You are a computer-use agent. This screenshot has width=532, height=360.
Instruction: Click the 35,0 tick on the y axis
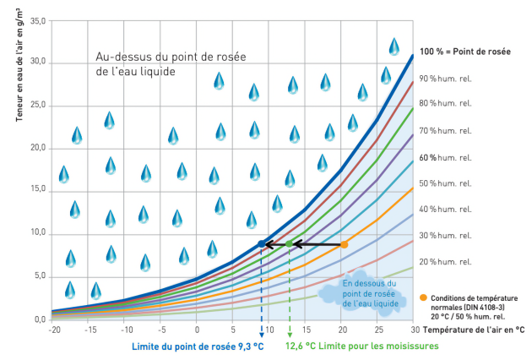point(37,19)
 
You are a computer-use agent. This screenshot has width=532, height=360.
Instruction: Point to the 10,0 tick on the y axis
point(37,233)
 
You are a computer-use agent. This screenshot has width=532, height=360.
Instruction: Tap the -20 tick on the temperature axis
point(52,329)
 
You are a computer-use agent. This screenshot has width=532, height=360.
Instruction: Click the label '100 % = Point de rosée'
point(465,52)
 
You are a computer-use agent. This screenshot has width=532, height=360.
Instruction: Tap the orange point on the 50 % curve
point(344,245)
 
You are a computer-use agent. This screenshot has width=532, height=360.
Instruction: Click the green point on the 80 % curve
point(289,243)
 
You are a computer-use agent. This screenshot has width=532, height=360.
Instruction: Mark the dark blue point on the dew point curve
point(261,243)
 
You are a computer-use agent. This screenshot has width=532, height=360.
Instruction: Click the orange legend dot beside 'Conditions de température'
point(422,297)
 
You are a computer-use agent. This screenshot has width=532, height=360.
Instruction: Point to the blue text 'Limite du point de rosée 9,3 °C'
point(193,346)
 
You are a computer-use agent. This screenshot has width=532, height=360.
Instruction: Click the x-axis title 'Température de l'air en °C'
point(474,329)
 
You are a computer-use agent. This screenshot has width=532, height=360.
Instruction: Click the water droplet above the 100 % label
point(394,46)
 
